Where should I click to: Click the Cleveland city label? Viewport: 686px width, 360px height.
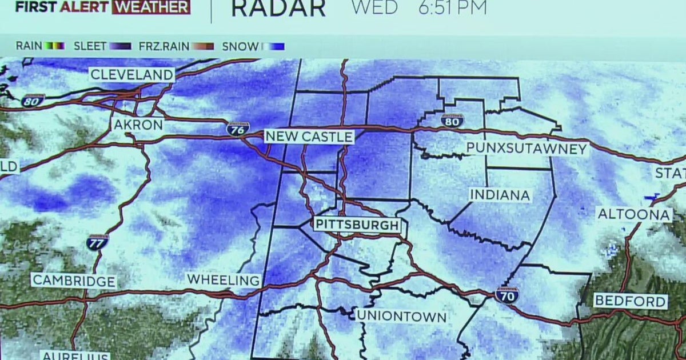[131, 74]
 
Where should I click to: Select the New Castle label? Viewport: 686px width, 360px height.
[309, 137]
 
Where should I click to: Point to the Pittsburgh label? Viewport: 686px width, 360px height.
[356, 225]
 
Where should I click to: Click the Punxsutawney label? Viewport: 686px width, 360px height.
[527, 149]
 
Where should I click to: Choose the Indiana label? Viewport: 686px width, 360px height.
[500, 195]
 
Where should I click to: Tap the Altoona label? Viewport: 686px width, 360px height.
[634, 214]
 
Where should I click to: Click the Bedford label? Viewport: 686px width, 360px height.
[630, 301]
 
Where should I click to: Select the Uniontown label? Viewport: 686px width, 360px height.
[401, 316]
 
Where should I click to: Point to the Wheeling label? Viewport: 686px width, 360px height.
[224, 280]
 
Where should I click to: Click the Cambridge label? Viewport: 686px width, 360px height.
[74, 281]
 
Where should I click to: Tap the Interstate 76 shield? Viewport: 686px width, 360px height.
[238, 129]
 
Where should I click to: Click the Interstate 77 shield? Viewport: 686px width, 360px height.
[98, 242]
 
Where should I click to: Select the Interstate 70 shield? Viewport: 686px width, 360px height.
[507, 294]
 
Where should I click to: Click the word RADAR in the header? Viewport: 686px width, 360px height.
[278, 8]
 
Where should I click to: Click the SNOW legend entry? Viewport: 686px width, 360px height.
[252, 46]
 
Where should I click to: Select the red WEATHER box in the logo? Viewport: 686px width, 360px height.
[151, 7]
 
